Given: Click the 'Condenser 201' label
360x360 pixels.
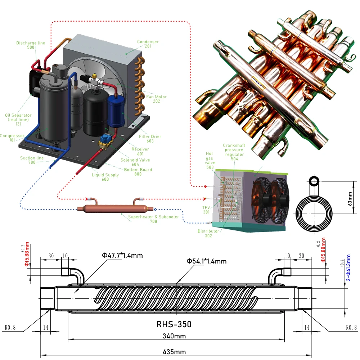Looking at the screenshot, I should tap(148, 44).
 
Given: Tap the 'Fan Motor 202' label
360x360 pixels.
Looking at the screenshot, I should tap(156, 99).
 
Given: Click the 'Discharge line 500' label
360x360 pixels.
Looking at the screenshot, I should tap(31, 45).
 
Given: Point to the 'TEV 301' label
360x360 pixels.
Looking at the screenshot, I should tap(206, 210).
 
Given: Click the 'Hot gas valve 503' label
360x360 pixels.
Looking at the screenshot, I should tap(210, 160).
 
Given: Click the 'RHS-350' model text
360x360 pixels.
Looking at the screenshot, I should tap(174, 324).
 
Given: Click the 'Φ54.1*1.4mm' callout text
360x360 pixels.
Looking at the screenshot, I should tap(206, 261).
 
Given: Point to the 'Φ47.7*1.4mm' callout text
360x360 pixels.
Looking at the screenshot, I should tap(122, 256).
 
